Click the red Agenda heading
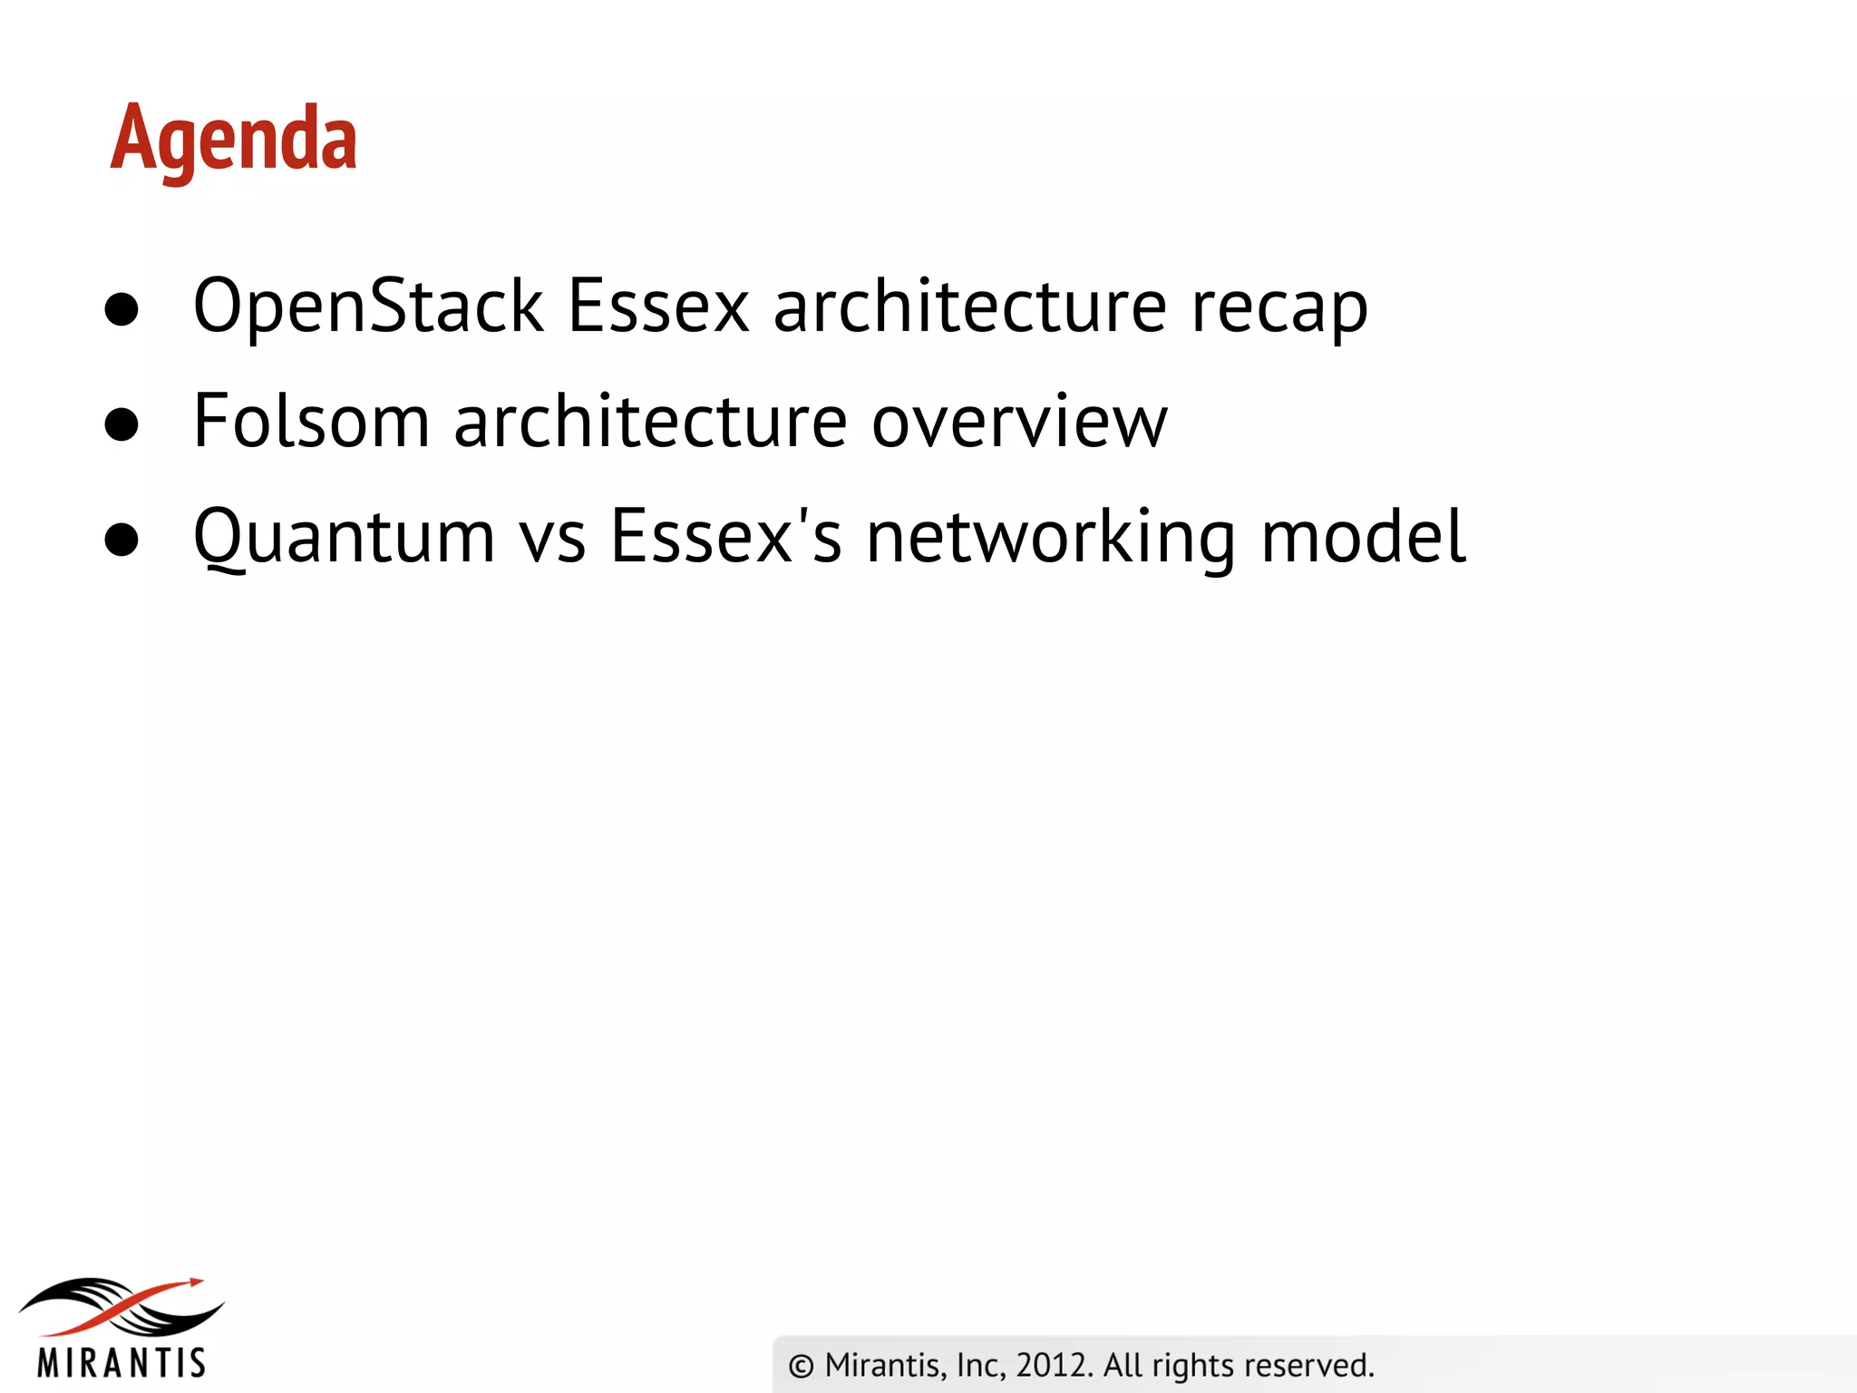click(234, 139)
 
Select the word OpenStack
click(367, 307)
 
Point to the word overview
click(1019, 422)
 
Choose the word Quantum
click(344, 538)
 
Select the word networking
click(1050, 538)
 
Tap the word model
click(1363, 537)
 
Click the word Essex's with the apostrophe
click(725, 537)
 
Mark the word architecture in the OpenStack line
click(969, 307)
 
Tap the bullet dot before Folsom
click(122, 424)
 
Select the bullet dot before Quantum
click(122, 540)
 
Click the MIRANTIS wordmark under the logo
click(122, 1362)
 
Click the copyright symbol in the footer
click(801, 1366)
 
